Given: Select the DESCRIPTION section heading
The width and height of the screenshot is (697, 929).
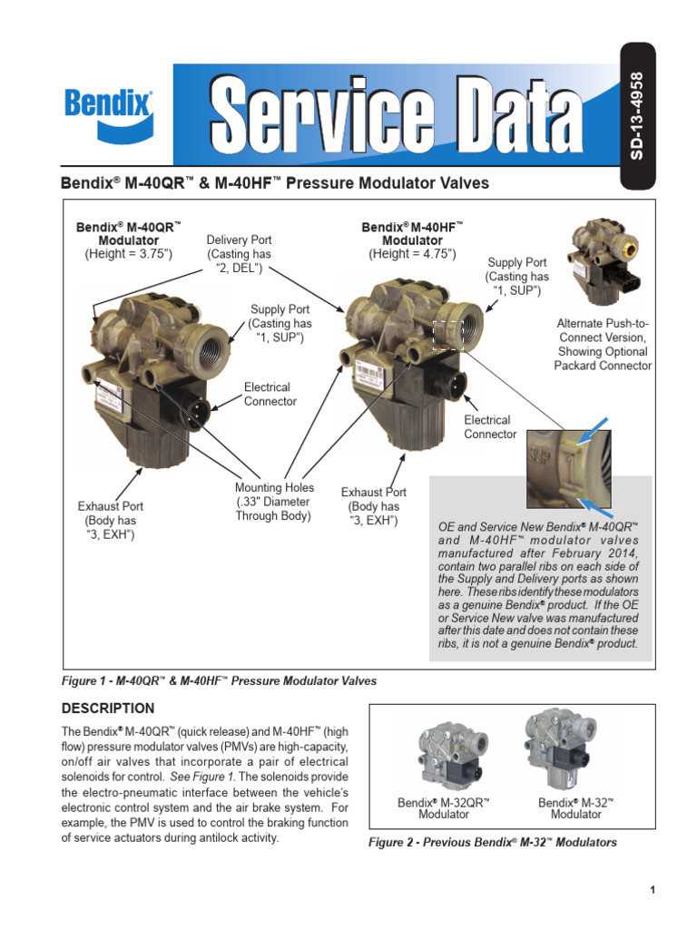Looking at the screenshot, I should click(x=107, y=708).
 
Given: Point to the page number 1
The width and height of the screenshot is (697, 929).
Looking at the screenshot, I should click(x=652, y=890).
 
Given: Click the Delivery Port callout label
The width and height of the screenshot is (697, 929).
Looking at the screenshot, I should click(x=239, y=254).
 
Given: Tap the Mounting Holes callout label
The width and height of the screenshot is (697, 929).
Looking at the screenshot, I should click(x=274, y=502).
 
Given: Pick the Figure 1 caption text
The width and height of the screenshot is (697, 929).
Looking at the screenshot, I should click(x=218, y=680).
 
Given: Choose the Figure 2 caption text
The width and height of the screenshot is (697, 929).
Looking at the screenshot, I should click(x=492, y=842).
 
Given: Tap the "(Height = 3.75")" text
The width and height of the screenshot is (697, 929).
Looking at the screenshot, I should click(x=128, y=254).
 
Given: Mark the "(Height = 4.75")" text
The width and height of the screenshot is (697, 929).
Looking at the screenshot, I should click(x=412, y=254).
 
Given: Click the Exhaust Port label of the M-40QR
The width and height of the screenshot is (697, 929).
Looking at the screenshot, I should click(x=110, y=520).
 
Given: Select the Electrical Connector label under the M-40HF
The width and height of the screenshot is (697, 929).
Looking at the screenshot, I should click(x=490, y=427).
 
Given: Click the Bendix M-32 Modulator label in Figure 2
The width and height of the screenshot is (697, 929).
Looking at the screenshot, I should click(x=575, y=808).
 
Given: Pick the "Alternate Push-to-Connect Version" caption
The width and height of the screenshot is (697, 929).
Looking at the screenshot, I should click(x=603, y=344).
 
